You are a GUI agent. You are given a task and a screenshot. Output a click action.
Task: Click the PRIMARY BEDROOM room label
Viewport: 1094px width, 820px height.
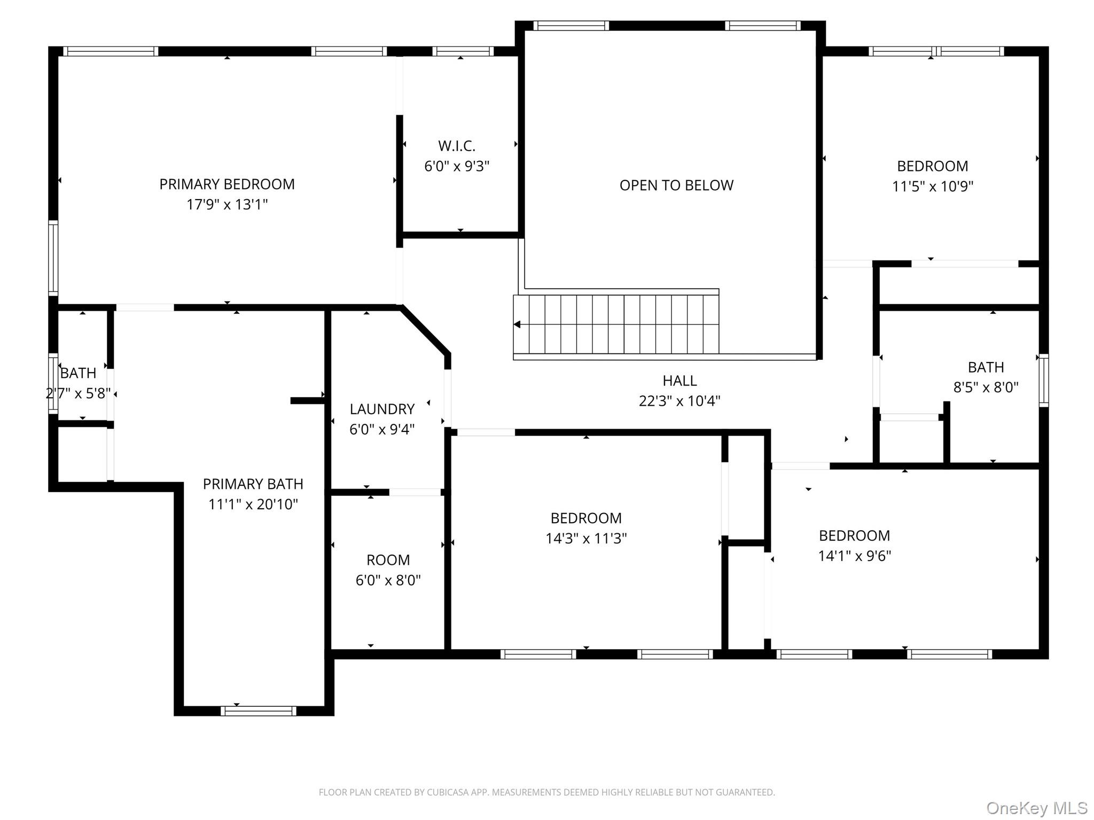pyautogui.click(x=227, y=184)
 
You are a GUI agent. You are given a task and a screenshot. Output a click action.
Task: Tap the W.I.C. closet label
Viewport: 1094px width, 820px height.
pyautogui.click(x=457, y=146)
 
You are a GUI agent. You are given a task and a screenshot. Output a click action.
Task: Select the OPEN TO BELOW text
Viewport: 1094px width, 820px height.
pyautogui.click(x=676, y=185)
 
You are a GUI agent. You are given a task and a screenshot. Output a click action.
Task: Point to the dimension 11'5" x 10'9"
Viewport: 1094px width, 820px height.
pyautogui.click(x=933, y=186)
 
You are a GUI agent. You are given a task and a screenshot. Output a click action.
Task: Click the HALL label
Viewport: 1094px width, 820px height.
pyautogui.click(x=679, y=381)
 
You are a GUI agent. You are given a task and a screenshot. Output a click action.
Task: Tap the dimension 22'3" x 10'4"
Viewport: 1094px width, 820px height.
pyautogui.click(x=679, y=401)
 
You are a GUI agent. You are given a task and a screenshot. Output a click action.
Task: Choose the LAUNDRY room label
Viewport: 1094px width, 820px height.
pyautogui.click(x=382, y=409)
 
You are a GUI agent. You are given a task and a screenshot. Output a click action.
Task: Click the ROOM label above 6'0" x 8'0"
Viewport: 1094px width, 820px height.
pyautogui.click(x=388, y=560)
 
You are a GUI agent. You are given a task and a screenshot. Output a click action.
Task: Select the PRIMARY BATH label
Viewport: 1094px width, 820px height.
pyautogui.click(x=253, y=484)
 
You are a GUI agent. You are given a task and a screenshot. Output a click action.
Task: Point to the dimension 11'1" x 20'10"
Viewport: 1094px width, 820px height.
pyautogui.click(x=253, y=504)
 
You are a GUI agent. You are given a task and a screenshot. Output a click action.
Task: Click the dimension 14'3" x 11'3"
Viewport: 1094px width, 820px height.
pyautogui.click(x=586, y=538)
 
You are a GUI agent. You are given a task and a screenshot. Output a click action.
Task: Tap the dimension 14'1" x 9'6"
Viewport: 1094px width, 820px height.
pyautogui.click(x=855, y=556)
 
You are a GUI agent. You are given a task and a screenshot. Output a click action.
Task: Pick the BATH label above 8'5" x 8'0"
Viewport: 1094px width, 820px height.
pyautogui.click(x=986, y=367)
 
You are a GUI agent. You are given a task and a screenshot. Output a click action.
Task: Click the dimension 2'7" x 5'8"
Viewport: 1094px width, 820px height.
pyautogui.click(x=79, y=393)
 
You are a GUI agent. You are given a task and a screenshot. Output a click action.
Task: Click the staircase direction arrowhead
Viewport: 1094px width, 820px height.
pyautogui.click(x=517, y=324)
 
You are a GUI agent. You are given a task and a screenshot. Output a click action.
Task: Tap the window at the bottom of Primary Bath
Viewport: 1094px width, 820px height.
pyautogui.click(x=258, y=711)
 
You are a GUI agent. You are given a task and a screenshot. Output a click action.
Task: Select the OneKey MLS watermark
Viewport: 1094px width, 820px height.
pyautogui.click(x=1037, y=808)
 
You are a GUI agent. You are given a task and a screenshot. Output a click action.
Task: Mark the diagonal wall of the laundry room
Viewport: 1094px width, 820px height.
pyautogui.click(x=425, y=330)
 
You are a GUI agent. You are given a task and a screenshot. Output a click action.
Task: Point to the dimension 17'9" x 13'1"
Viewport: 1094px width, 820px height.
pyautogui.click(x=227, y=204)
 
